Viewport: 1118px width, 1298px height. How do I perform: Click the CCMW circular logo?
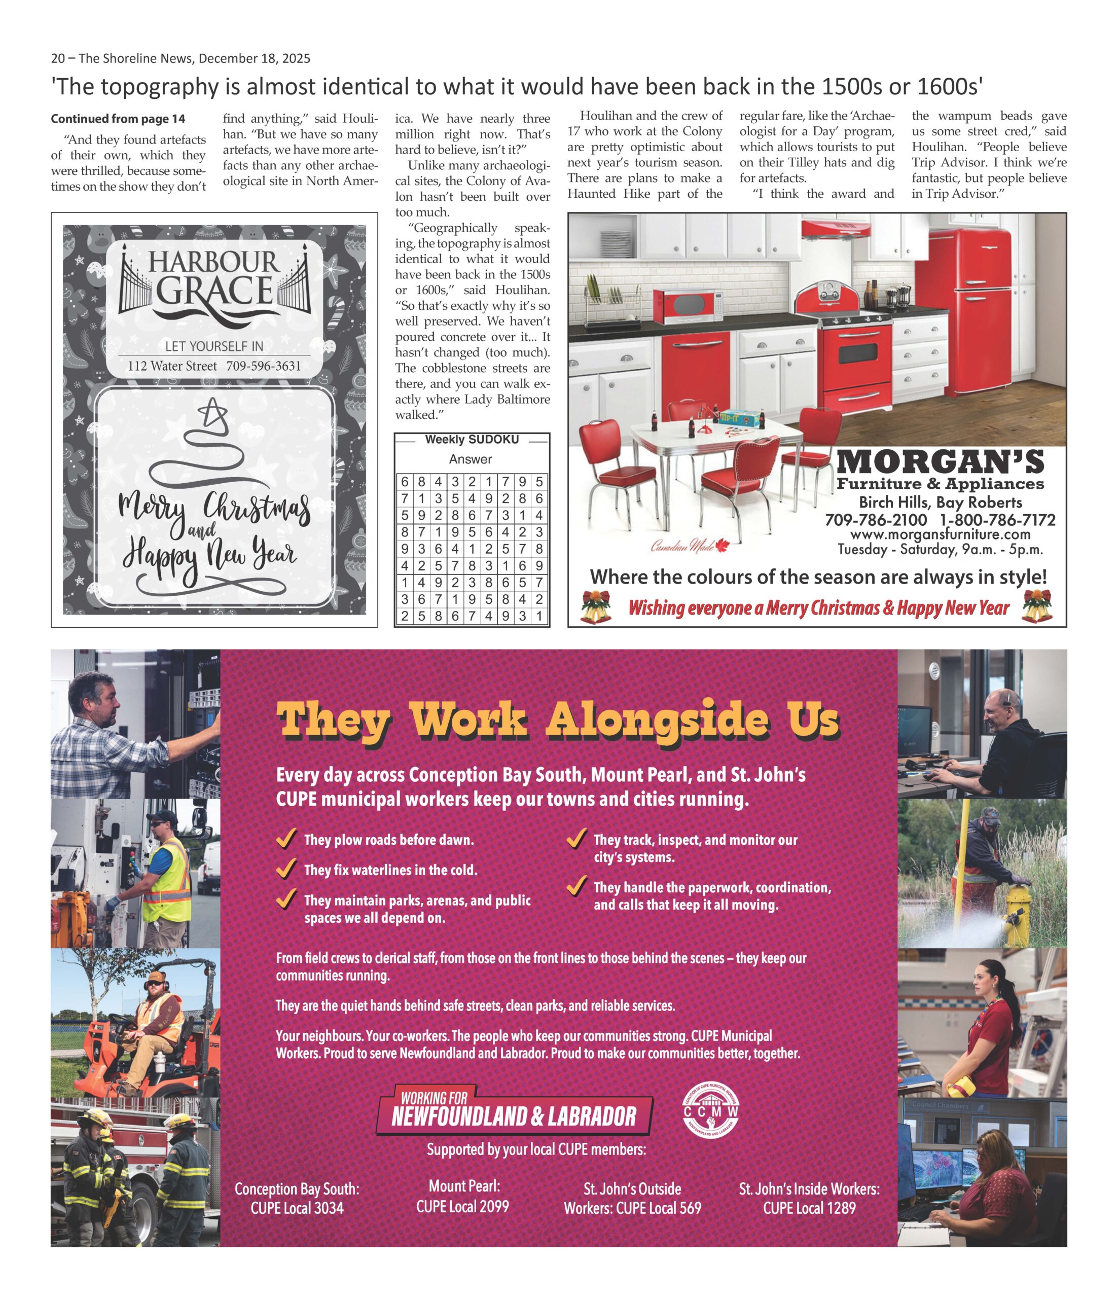(x=710, y=1112)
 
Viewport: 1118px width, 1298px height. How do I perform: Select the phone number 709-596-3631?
(x=263, y=366)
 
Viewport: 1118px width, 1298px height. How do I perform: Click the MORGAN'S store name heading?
(x=940, y=463)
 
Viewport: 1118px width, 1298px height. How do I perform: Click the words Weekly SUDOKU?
(x=471, y=440)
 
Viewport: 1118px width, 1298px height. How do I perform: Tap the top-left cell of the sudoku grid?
(x=405, y=482)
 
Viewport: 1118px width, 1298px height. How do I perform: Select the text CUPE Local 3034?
(x=297, y=1208)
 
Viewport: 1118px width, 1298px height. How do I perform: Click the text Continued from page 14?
(x=118, y=119)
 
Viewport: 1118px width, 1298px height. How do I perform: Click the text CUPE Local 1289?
(x=809, y=1208)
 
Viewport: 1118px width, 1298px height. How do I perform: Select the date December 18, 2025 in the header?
(x=254, y=58)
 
